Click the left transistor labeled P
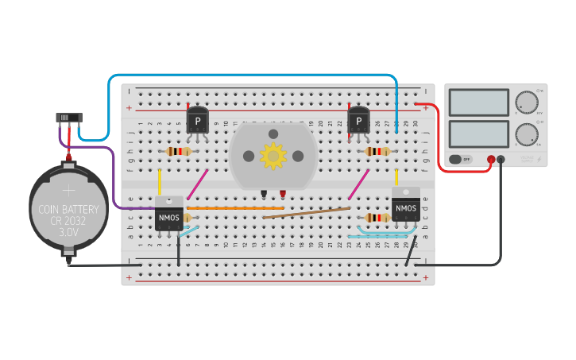click(x=197, y=122)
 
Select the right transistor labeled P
click(x=359, y=122)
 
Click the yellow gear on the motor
click(x=273, y=155)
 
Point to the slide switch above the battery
click(x=68, y=118)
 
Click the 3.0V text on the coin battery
click(x=68, y=232)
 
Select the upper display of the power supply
click(x=478, y=103)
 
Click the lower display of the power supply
click(x=478, y=133)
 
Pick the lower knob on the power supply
click(x=526, y=134)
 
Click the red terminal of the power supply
click(x=491, y=159)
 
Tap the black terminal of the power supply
click(x=501, y=159)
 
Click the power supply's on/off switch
click(x=460, y=159)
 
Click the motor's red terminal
click(x=282, y=193)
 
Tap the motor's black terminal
click(x=263, y=193)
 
